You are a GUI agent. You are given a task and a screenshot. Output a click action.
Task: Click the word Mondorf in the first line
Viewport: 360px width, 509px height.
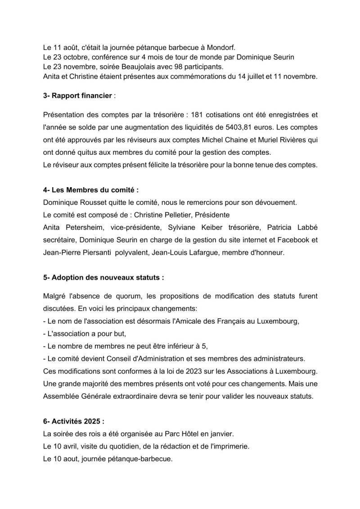tap(227, 47)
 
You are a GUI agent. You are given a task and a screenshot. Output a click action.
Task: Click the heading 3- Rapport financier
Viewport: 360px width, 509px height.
tap(78, 96)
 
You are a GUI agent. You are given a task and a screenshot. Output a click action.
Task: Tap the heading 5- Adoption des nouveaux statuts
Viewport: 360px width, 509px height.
tap(103, 278)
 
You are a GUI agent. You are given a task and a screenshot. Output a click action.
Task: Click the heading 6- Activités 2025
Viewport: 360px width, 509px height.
tap(73, 422)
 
